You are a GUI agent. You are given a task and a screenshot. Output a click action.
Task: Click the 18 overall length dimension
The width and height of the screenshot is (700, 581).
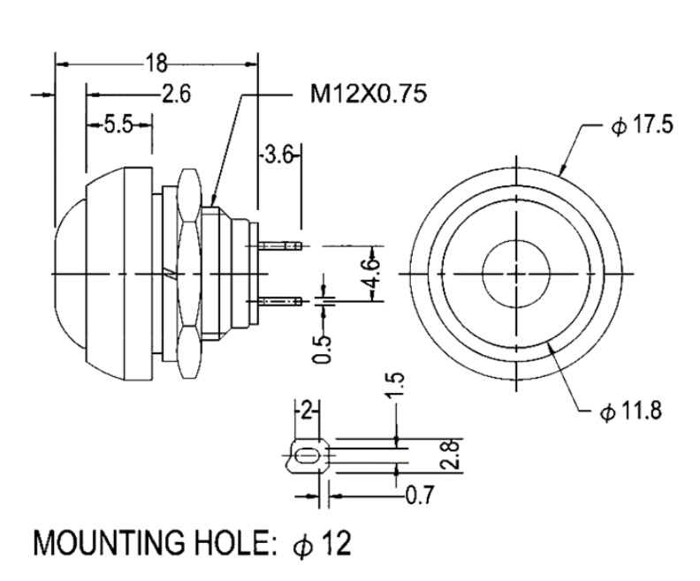pyautogui.click(x=156, y=64)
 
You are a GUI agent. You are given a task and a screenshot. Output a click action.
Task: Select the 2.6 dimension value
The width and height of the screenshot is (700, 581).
pyautogui.click(x=176, y=94)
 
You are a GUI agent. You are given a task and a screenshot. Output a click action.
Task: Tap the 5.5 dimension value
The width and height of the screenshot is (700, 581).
pyautogui.click(x=118, y=124)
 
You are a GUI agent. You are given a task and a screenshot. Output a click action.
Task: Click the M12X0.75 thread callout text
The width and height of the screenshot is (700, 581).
pyautogui.click(x=369, y=94)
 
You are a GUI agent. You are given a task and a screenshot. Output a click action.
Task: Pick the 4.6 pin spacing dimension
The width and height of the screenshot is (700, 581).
pyautogui.click(x=373, y=274)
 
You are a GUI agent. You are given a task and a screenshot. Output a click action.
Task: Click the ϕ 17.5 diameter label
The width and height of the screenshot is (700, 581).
pyautogui.click(x=643, y=125)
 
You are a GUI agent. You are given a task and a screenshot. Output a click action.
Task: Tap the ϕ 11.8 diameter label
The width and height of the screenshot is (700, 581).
pyautogui.click(x=630, y=411)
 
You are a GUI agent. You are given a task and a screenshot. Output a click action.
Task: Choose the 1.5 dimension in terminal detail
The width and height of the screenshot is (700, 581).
pyautogui.click(x=396, y=384)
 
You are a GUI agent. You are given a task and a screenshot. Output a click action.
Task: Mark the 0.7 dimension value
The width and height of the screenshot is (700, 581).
pyautogui.click(x=420, y=495)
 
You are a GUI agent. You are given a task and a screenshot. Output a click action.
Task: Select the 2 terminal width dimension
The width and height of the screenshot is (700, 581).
pyautogui.click(x=306, y=411)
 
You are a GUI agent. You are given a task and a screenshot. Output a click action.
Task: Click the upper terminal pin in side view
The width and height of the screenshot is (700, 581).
pyautogui.click(x=280, y=245)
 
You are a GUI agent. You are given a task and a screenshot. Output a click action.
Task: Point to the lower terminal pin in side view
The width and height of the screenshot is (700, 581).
pyautogui.click(x=280, y=302)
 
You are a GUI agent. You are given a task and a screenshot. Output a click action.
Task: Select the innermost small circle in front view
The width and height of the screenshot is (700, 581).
pyautogui.click(x=516, y=274)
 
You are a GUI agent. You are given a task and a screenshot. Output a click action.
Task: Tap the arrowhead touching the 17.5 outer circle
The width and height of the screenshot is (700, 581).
pyautogui.click(x=563, y=169)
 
